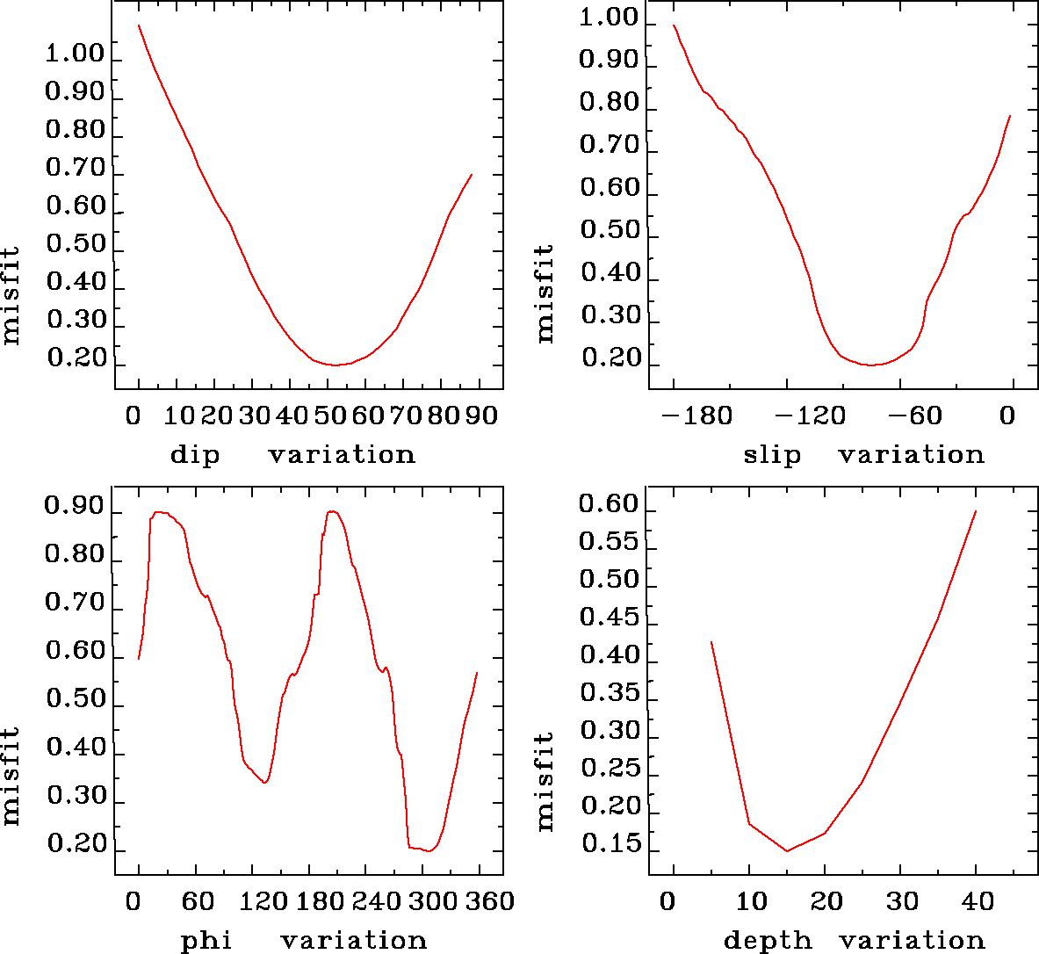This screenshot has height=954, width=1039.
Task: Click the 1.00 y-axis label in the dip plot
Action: [x=75, y=54]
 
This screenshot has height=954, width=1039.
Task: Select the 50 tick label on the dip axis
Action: [x=328, y=415]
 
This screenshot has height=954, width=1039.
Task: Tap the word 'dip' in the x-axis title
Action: [x=195, y=455]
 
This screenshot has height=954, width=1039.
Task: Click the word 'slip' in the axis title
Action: [x=772, y=455]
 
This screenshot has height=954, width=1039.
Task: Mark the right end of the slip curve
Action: [x=1011, y=115]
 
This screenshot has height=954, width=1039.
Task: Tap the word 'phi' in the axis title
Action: [x=206, y=941]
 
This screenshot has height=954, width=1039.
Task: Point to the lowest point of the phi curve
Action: [x=429, y=850]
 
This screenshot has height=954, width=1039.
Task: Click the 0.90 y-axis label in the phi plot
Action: [x=75, y=507]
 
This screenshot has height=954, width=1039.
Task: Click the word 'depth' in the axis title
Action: [x=768, y=941]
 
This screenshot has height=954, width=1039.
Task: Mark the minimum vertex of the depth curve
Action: [x=787, y=850]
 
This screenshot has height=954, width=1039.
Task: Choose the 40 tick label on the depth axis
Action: [x=977, y=901]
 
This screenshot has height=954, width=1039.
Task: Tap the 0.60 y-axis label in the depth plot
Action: [x=609, y=504]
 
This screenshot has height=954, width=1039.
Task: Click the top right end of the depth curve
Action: [x=976, y=510]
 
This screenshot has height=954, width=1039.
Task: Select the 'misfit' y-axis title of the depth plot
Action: [x=545, y=782]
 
